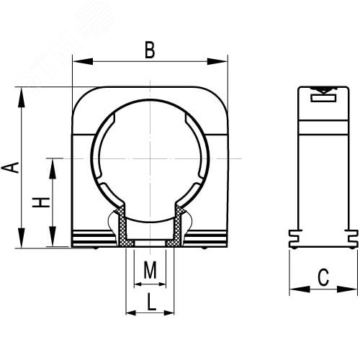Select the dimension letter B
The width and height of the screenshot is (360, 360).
pos(150,50)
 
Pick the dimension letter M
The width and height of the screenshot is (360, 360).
pos(150,271)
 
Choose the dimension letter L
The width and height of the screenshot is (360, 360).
pos(150,303)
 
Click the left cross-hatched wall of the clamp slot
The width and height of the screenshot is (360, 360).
pos(125,229)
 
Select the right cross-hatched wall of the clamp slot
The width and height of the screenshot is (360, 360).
pos(175,229)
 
